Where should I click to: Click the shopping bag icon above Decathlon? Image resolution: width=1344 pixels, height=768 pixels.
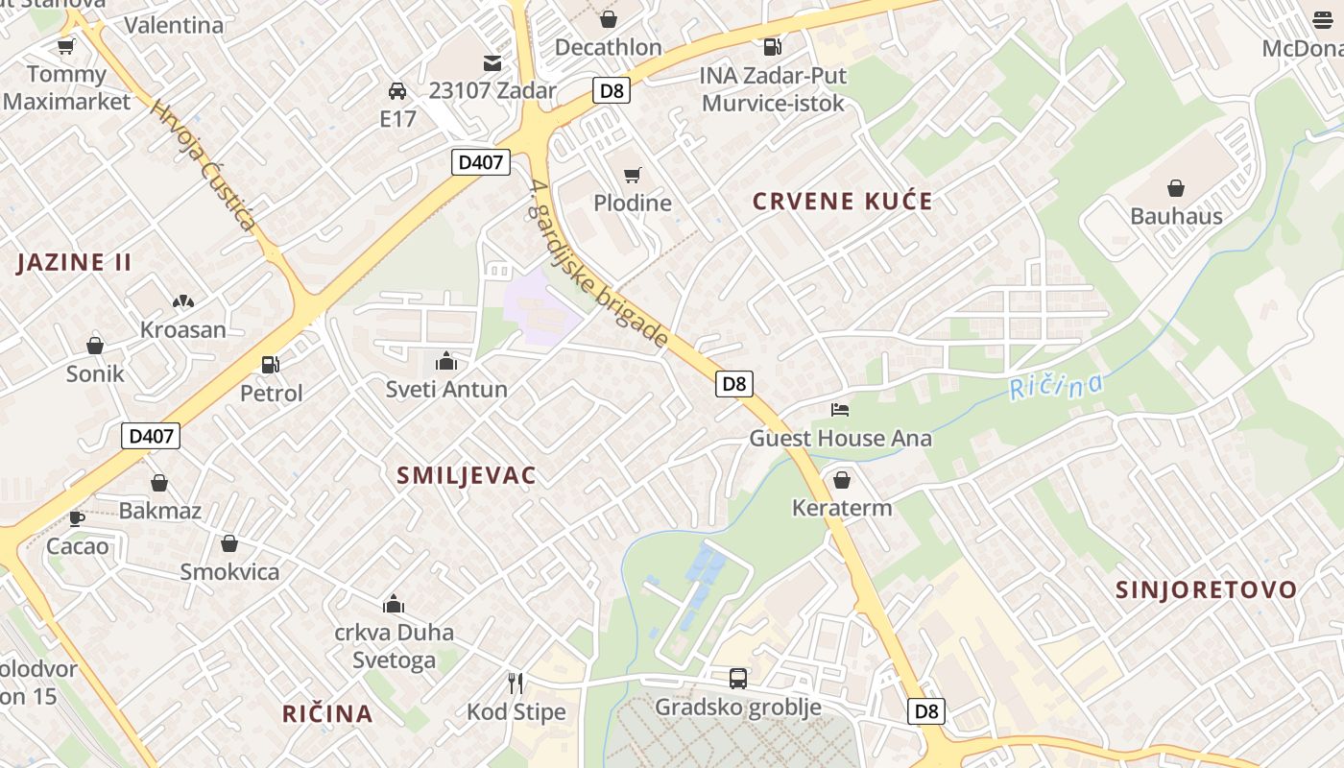609,19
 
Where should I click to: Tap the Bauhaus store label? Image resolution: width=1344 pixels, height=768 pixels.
1176,216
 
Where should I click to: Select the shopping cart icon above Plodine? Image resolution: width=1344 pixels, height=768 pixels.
632,175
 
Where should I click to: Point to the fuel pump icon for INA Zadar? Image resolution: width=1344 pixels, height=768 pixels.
771,47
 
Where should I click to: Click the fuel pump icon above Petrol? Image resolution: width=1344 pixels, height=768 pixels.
271,364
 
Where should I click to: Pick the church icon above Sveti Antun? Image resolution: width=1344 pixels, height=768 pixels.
445,362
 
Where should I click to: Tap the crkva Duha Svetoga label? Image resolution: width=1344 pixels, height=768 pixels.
394,646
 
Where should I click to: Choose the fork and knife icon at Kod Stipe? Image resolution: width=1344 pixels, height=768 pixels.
516,684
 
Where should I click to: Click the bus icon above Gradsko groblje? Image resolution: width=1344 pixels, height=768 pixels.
737,679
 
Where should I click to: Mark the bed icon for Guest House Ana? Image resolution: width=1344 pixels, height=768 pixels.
840,410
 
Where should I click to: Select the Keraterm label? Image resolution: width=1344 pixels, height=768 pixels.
842,508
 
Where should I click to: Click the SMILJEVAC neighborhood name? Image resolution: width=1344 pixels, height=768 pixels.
467,475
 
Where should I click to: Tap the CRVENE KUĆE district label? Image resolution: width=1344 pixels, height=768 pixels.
842,202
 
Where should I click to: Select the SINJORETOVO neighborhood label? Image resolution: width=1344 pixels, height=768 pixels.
1206,589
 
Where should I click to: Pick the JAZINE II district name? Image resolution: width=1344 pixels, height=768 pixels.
74,262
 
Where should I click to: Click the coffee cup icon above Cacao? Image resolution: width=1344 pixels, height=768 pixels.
77,518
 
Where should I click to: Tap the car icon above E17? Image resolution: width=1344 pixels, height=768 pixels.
396,91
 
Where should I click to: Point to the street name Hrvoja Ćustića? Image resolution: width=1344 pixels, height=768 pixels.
204,166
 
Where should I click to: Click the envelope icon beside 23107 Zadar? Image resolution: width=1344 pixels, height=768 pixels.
492,63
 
